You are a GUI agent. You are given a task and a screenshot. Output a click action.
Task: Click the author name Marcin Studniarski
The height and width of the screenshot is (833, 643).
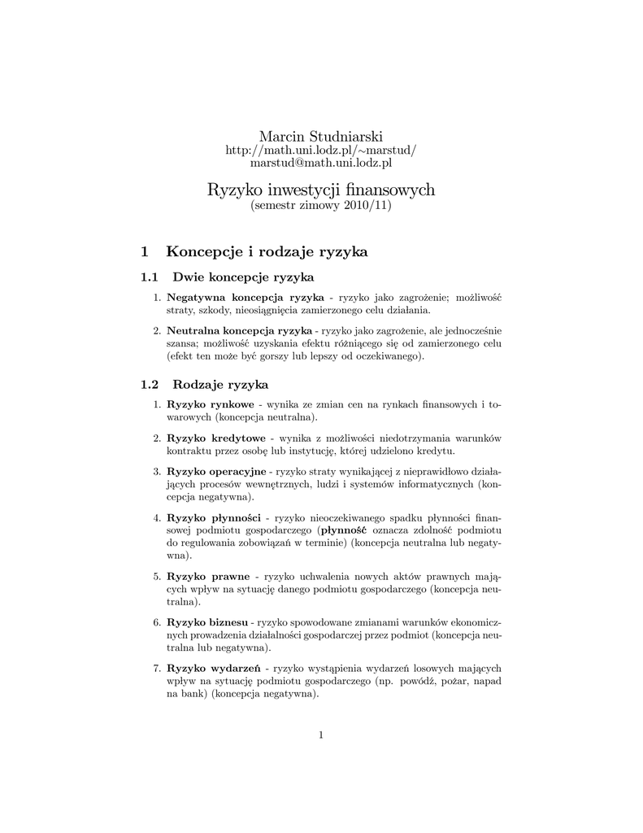coord(320,135)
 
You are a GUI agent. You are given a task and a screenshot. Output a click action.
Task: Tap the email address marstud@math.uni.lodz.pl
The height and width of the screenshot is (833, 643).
coord(320,164)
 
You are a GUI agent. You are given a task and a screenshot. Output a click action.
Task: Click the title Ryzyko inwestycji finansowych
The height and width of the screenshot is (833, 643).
coord(320,190)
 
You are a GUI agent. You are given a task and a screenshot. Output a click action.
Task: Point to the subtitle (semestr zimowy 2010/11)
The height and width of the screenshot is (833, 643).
coord(320,206)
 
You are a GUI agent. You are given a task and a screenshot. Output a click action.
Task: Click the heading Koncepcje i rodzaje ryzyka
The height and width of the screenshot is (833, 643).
coord(267,251)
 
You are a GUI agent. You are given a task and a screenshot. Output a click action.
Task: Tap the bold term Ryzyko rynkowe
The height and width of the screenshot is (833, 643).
coord(210,404)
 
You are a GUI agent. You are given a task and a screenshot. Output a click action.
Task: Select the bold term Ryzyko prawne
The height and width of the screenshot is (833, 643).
coord(207,576)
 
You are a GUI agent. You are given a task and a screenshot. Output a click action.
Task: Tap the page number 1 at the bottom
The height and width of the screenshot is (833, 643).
coord(321,735)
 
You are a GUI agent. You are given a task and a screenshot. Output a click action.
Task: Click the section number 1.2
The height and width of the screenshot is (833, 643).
coord(150,384)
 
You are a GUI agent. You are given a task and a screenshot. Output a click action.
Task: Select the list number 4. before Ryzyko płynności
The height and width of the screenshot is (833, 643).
coord(157,517)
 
